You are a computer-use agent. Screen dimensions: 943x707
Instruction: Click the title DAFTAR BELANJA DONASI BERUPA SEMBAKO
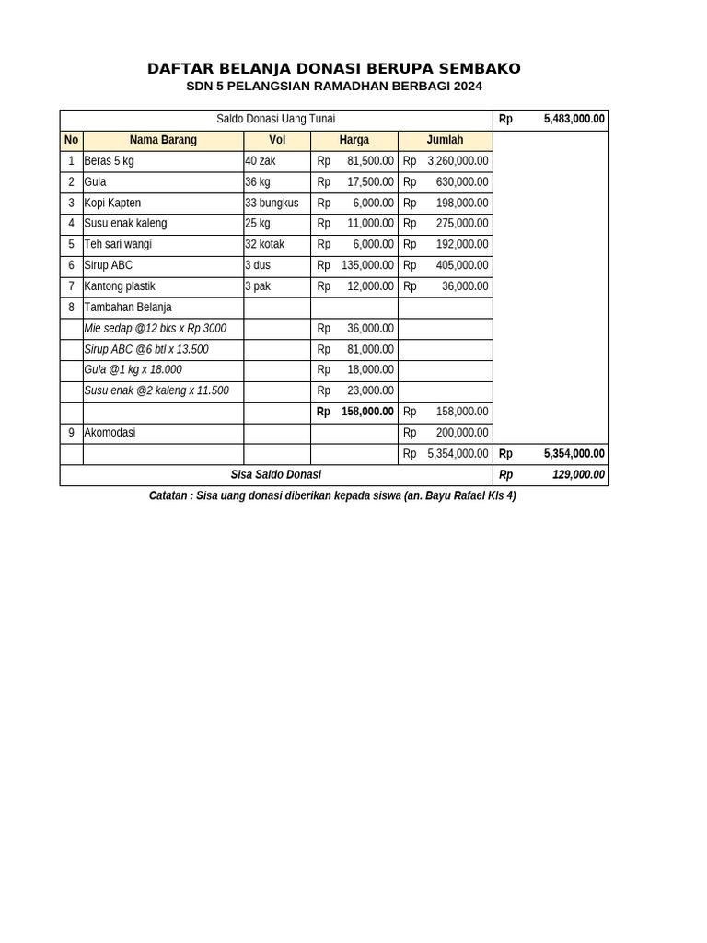tap(334, 69)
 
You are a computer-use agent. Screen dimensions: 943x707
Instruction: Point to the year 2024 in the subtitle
tap(467, 87)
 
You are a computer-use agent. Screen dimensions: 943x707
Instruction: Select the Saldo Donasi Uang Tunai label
tap(275, 119)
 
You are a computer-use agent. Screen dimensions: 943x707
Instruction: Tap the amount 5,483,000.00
tap(574, 119)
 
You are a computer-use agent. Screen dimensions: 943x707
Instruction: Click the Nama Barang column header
tap(163, 140)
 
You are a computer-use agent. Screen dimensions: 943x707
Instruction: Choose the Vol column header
tap(276, 140)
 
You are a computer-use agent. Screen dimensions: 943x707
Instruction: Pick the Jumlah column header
tap(445, 140)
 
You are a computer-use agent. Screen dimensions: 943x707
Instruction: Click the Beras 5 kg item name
tap(109, 161)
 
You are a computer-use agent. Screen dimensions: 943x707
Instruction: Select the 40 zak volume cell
tap(261, 161)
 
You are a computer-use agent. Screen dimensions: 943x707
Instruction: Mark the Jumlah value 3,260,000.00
tap(458, 161)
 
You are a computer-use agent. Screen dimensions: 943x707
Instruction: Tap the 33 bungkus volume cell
tap(272, 203)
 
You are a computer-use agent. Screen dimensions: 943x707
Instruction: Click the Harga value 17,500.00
tap(370, 182)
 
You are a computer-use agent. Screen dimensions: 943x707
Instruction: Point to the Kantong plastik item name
tap(120, 286)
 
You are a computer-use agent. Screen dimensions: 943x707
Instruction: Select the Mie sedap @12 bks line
tap(155, 329)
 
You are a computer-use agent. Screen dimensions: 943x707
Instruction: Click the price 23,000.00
tap(370, 390)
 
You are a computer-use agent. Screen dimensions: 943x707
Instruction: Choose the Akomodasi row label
tap(110, 432)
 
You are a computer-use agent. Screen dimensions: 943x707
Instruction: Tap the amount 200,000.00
tap(461, 432)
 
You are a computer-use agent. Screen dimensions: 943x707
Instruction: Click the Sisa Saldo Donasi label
tap(275, 474)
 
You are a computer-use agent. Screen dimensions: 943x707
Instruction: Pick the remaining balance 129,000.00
tap(578, 474)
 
